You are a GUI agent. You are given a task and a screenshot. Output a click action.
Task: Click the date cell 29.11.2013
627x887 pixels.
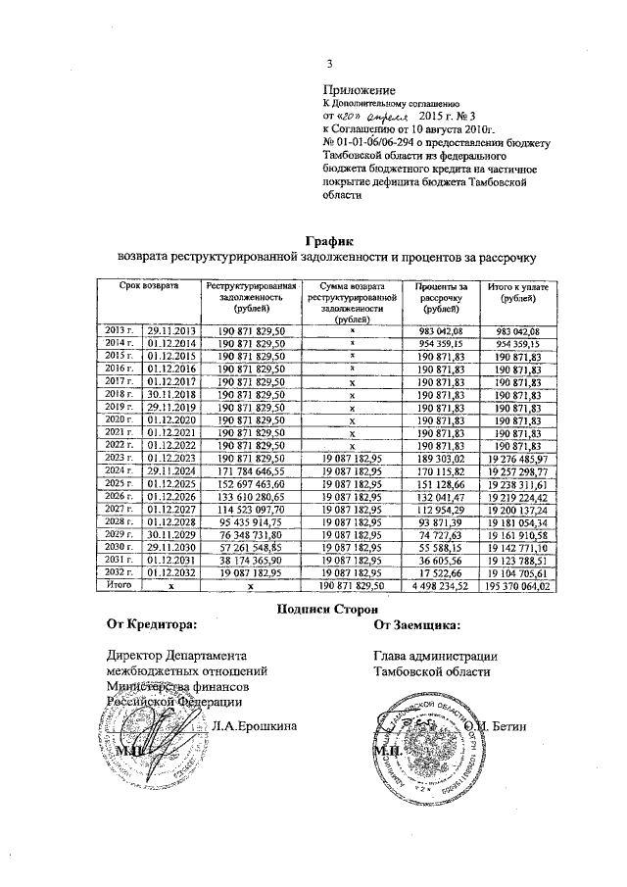(171, 330)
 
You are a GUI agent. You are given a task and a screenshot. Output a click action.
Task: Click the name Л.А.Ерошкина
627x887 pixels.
(254, 726)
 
